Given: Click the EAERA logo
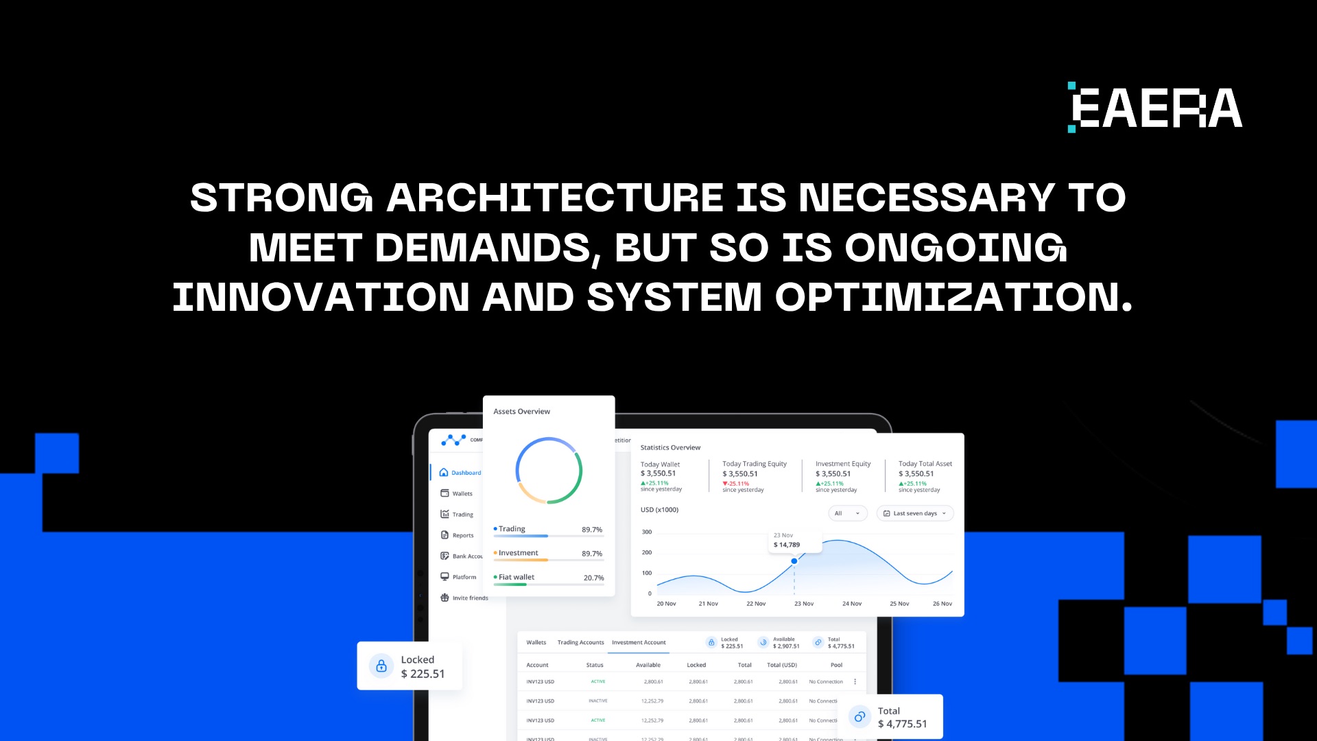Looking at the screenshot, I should [1155, 108].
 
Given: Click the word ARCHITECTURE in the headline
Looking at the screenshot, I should [555, 198].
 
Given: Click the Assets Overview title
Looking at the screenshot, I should [521, 412].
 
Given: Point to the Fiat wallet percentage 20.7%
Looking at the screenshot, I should [593, 578].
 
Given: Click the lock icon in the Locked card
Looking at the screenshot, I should [381, 666].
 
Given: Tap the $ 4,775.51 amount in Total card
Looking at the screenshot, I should [902, 724].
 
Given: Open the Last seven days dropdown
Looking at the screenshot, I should [915, 513].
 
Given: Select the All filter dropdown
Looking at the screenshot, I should [847, 513].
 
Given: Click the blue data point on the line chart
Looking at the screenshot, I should [794, 561].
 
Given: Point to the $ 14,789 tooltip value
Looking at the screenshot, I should [787, 545].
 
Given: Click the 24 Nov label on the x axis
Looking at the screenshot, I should [852, 604].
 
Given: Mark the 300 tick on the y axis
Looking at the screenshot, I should [647, 532].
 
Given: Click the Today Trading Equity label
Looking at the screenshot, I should [755, 464].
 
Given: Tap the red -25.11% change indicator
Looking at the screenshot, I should [736, 484].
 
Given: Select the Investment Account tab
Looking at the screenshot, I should [639, 643].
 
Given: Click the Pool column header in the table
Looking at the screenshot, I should [836, 665].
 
